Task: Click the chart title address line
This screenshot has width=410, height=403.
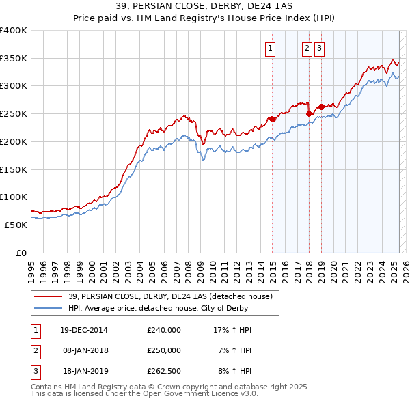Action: [x=205, y=7]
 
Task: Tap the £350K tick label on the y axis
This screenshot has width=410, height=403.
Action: [x=14, y=59]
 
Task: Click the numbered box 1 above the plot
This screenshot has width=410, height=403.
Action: [x=271, y=48]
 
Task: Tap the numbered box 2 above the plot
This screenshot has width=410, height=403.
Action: [x=307, y=48]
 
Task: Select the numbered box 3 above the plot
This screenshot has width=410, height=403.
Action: [x=319, y=48]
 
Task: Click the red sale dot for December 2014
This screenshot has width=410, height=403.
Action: [x=272, y=119]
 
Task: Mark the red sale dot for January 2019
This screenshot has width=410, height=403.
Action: [x=321, y=107]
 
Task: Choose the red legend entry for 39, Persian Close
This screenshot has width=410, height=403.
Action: [x=170, y=296]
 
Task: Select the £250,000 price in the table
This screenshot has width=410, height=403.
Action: [x=164, y=350]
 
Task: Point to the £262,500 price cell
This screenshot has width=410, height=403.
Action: [x=164, y=371]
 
